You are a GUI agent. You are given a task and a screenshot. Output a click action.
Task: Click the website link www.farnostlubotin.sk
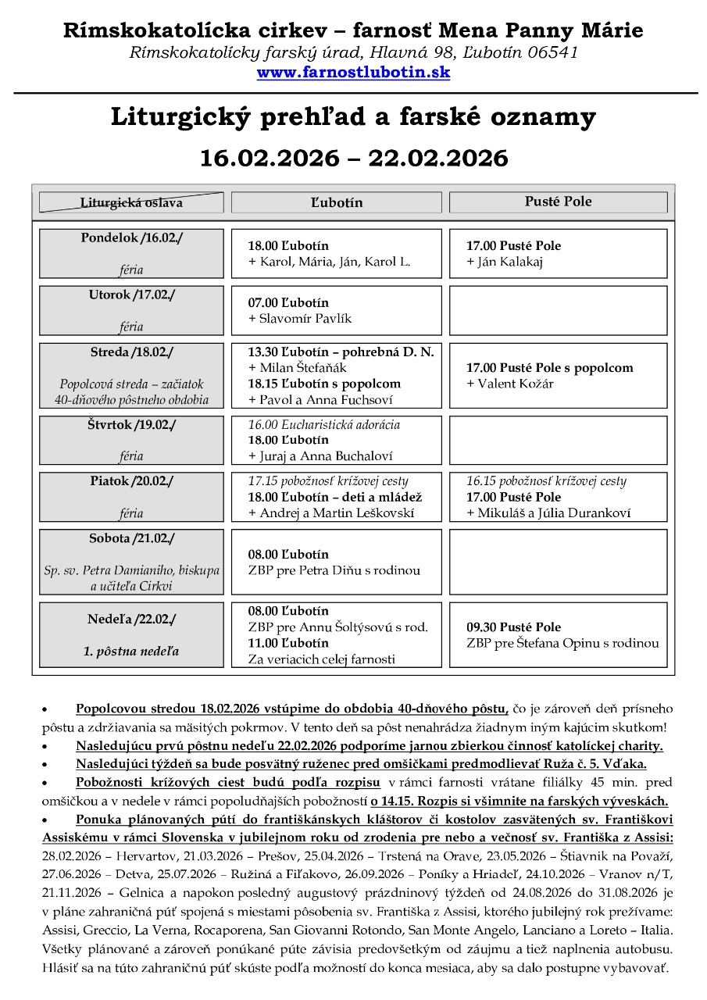click(353, 73)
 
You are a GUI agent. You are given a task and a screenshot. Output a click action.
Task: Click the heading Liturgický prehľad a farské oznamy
click(353, 117)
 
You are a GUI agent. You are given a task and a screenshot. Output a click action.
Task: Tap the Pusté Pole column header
click(558, 202)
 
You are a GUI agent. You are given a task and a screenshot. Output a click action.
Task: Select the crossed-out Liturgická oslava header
click(131, 202)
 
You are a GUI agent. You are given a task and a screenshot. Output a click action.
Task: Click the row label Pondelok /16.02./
click(131, 237)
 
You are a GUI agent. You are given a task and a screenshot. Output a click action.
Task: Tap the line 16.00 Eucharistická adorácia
click(324, 424)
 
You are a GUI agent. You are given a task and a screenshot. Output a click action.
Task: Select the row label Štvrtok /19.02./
click(131, 425)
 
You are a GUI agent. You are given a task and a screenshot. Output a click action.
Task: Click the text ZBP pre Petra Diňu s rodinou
click(334, 570)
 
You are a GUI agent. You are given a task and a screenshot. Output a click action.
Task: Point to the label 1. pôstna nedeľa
click(131, 651)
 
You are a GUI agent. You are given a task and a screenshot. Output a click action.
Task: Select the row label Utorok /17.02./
click(131, 295)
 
